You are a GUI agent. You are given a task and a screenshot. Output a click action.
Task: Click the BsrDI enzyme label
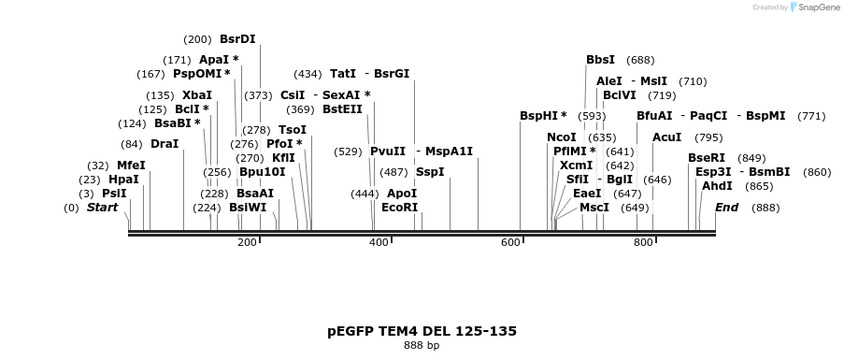tap(237, 39)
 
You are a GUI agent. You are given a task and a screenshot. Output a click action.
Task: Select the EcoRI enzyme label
tap(399, 208)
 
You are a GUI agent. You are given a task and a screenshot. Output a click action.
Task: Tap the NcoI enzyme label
tap(562, 137)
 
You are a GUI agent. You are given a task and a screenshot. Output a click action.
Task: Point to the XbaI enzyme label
tap(197, 95)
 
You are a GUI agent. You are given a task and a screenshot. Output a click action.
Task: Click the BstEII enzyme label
tap(342, 109)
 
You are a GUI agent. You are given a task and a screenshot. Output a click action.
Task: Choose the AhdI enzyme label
tap(717, 186)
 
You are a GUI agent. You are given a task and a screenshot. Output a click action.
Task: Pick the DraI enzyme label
tap(164, 144)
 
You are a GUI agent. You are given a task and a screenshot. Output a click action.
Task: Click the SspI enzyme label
tap(430, 172)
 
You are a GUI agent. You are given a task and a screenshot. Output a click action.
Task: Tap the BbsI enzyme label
tap(600, 60)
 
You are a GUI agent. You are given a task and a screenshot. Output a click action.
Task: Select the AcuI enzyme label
tap(666, 137)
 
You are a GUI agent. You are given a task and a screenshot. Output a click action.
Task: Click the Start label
tap(102, 208)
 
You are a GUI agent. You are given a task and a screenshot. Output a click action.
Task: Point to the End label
tap(726, 208)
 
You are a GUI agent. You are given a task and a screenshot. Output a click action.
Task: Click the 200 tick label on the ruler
tap(247, 243)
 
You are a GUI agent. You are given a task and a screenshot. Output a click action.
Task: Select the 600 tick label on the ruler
tap(510, 243)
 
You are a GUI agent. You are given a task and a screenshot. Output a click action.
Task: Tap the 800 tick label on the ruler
tap(643, 243)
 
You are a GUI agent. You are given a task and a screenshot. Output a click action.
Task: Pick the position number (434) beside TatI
tap(308, 74)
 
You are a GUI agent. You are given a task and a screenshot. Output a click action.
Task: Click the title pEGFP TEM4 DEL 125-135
tap(422, 331)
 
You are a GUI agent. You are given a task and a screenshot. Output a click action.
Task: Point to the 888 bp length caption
tap(422, 346)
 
